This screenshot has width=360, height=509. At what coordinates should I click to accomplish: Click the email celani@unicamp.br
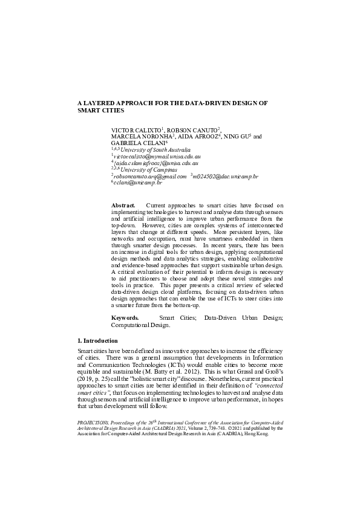[x=139, y=183]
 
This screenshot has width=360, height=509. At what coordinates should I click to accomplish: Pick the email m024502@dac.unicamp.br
[x=226, y=177]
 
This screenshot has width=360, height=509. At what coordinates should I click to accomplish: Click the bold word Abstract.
[x=123, y=206]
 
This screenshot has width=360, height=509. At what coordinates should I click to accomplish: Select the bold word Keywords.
[x=125, y=317]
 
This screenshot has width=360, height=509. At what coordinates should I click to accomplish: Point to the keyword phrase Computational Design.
[x=140, y=325]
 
